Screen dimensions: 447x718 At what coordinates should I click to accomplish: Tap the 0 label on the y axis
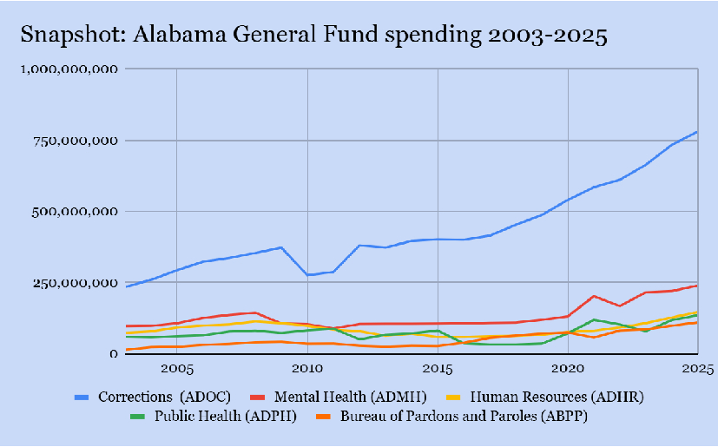pos(114,354)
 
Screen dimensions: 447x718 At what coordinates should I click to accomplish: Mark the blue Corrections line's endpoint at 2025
pos(697,132)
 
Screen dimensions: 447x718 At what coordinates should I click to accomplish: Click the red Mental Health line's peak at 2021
pos(594,296)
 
